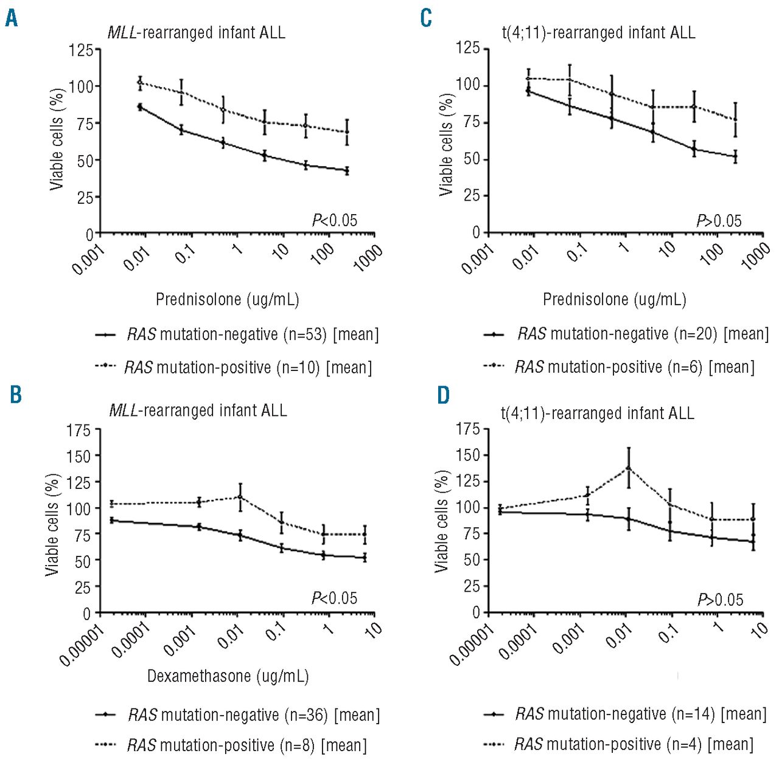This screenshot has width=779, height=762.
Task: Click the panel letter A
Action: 12,18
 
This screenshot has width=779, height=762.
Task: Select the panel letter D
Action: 444,395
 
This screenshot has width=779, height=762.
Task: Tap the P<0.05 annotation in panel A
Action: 334,220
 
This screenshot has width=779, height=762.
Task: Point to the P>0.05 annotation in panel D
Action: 720,600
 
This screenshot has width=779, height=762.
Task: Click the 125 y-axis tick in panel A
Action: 81,50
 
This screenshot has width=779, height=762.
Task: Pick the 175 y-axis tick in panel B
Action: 79,431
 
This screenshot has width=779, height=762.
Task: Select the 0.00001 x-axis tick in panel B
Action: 83,645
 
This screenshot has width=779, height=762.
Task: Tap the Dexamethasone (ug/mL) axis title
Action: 228,676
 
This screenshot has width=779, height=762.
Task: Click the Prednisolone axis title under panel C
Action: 615,299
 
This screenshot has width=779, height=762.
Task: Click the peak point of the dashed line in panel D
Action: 628,468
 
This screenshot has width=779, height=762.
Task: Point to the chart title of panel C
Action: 598,32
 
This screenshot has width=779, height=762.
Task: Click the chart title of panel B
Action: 198,410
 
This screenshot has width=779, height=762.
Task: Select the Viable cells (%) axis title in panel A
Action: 57,139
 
